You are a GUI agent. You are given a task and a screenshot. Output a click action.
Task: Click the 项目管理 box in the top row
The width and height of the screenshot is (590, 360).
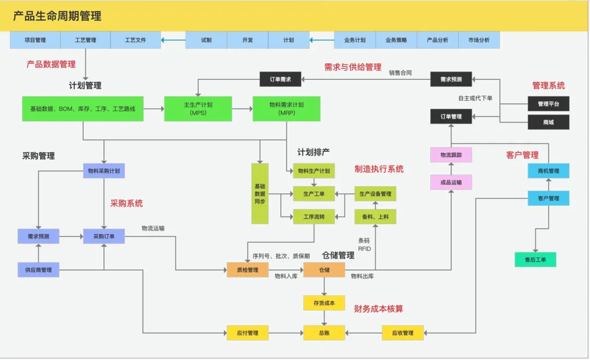35,40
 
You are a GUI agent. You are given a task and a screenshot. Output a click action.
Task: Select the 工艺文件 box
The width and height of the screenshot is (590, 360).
135,40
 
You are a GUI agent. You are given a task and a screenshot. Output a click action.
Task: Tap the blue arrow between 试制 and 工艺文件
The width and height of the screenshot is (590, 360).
173,40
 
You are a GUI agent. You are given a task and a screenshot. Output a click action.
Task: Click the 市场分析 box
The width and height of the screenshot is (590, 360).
479,40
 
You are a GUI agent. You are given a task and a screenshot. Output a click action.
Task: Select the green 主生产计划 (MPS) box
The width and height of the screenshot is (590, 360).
198,109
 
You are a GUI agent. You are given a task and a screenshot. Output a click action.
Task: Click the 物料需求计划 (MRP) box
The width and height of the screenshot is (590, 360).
286,109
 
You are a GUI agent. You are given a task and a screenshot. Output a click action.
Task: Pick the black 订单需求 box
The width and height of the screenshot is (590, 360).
280,80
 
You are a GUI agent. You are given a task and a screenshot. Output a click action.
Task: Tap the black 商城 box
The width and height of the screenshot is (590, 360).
548,122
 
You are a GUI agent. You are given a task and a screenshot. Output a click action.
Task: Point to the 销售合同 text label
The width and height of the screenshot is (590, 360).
400,73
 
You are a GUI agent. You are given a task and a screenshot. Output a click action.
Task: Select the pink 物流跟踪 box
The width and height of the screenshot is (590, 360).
451,155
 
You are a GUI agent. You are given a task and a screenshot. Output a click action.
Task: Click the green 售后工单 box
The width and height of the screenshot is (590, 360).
535,259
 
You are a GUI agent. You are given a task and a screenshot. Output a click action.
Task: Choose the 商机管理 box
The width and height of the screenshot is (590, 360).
548,171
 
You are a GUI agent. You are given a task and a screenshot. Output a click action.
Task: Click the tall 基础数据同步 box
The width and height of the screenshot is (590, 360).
260,193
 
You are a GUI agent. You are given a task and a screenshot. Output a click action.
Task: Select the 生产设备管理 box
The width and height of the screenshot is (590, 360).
375,194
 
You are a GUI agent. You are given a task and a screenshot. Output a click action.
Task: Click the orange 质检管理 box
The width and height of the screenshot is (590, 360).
247,270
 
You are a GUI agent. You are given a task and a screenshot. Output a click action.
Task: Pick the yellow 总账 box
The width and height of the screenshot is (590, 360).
324,333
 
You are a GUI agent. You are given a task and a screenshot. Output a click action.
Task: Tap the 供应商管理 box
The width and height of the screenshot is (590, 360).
38,270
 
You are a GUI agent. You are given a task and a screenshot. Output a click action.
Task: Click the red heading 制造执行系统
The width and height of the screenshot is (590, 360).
379,169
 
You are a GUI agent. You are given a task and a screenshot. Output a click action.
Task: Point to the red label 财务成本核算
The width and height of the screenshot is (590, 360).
379,309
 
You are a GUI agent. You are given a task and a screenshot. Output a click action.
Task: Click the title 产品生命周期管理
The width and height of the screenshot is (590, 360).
57,16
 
